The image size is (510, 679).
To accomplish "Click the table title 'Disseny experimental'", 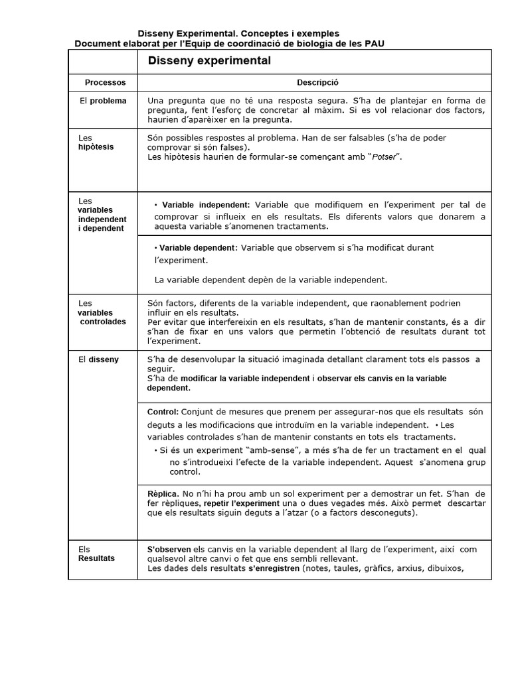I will click(x=209, y=61).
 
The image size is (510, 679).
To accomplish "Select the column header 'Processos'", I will click(x=105, y=83).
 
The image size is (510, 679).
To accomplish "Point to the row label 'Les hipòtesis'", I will click(x=96, y=143).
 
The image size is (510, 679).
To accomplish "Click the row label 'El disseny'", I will click(x=98, y=359).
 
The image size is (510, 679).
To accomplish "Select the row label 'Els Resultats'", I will click(x=96, y=554).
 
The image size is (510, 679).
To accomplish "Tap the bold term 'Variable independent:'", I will click(x=206, y=204).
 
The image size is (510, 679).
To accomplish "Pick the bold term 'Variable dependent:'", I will click(x=198, y=247).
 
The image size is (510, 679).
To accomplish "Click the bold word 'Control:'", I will click(x=163, y=412).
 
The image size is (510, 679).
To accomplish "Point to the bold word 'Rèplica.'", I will click(x=162, y=494).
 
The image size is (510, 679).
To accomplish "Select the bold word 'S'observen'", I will click(x=169, y=549).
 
